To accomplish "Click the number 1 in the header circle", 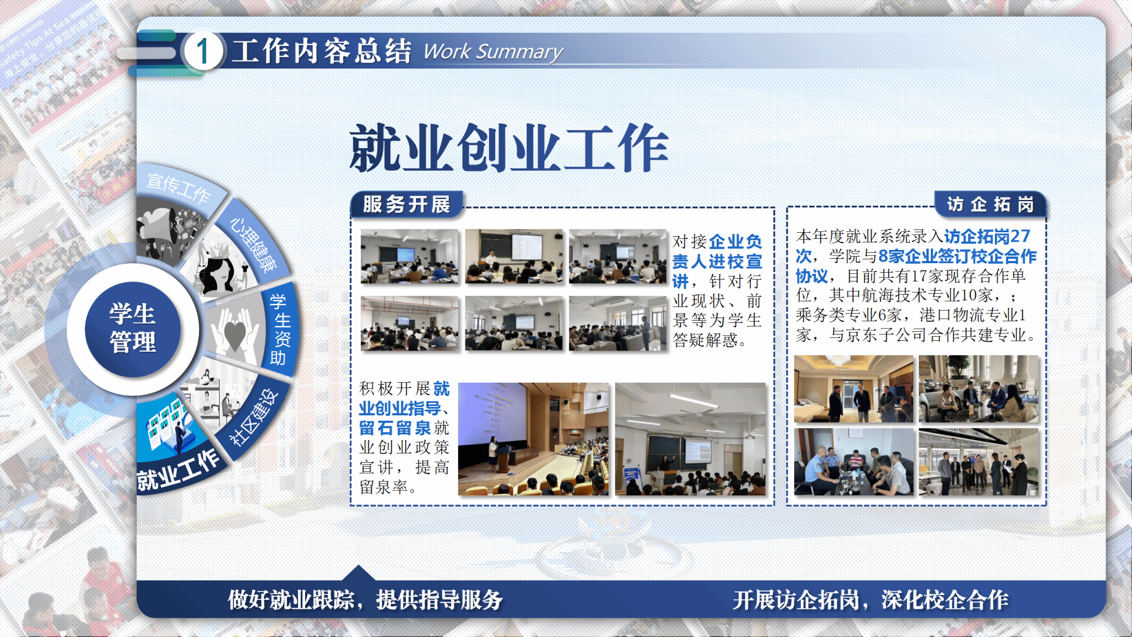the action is [x=203, y=51].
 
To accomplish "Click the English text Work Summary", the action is [x=493, y=52].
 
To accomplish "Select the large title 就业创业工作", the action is [x=509, y=148].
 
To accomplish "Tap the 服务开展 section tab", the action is [x=407, y=205].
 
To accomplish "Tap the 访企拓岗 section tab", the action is [x=990, y=205].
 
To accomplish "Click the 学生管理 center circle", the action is [x=133, y=328].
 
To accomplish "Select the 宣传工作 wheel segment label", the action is [x=178, y=187].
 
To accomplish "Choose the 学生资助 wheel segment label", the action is [x=280, y=330].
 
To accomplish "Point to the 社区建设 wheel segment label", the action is [x=254, y=417].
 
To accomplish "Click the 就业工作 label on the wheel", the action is [x=178, y=470].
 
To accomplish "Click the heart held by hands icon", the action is [x=234, y=332].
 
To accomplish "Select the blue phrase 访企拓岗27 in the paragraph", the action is [x=987, y=237].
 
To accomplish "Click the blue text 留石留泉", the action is [x=395, y=428].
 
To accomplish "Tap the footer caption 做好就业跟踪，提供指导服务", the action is [x=365, y=600].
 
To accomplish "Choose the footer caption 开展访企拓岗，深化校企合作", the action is [x=871, y=600].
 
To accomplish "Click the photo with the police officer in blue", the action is [x=854, y=462].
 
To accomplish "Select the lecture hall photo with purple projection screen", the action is [x=533, y=439].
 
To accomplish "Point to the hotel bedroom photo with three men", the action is [x=854, y=389].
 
